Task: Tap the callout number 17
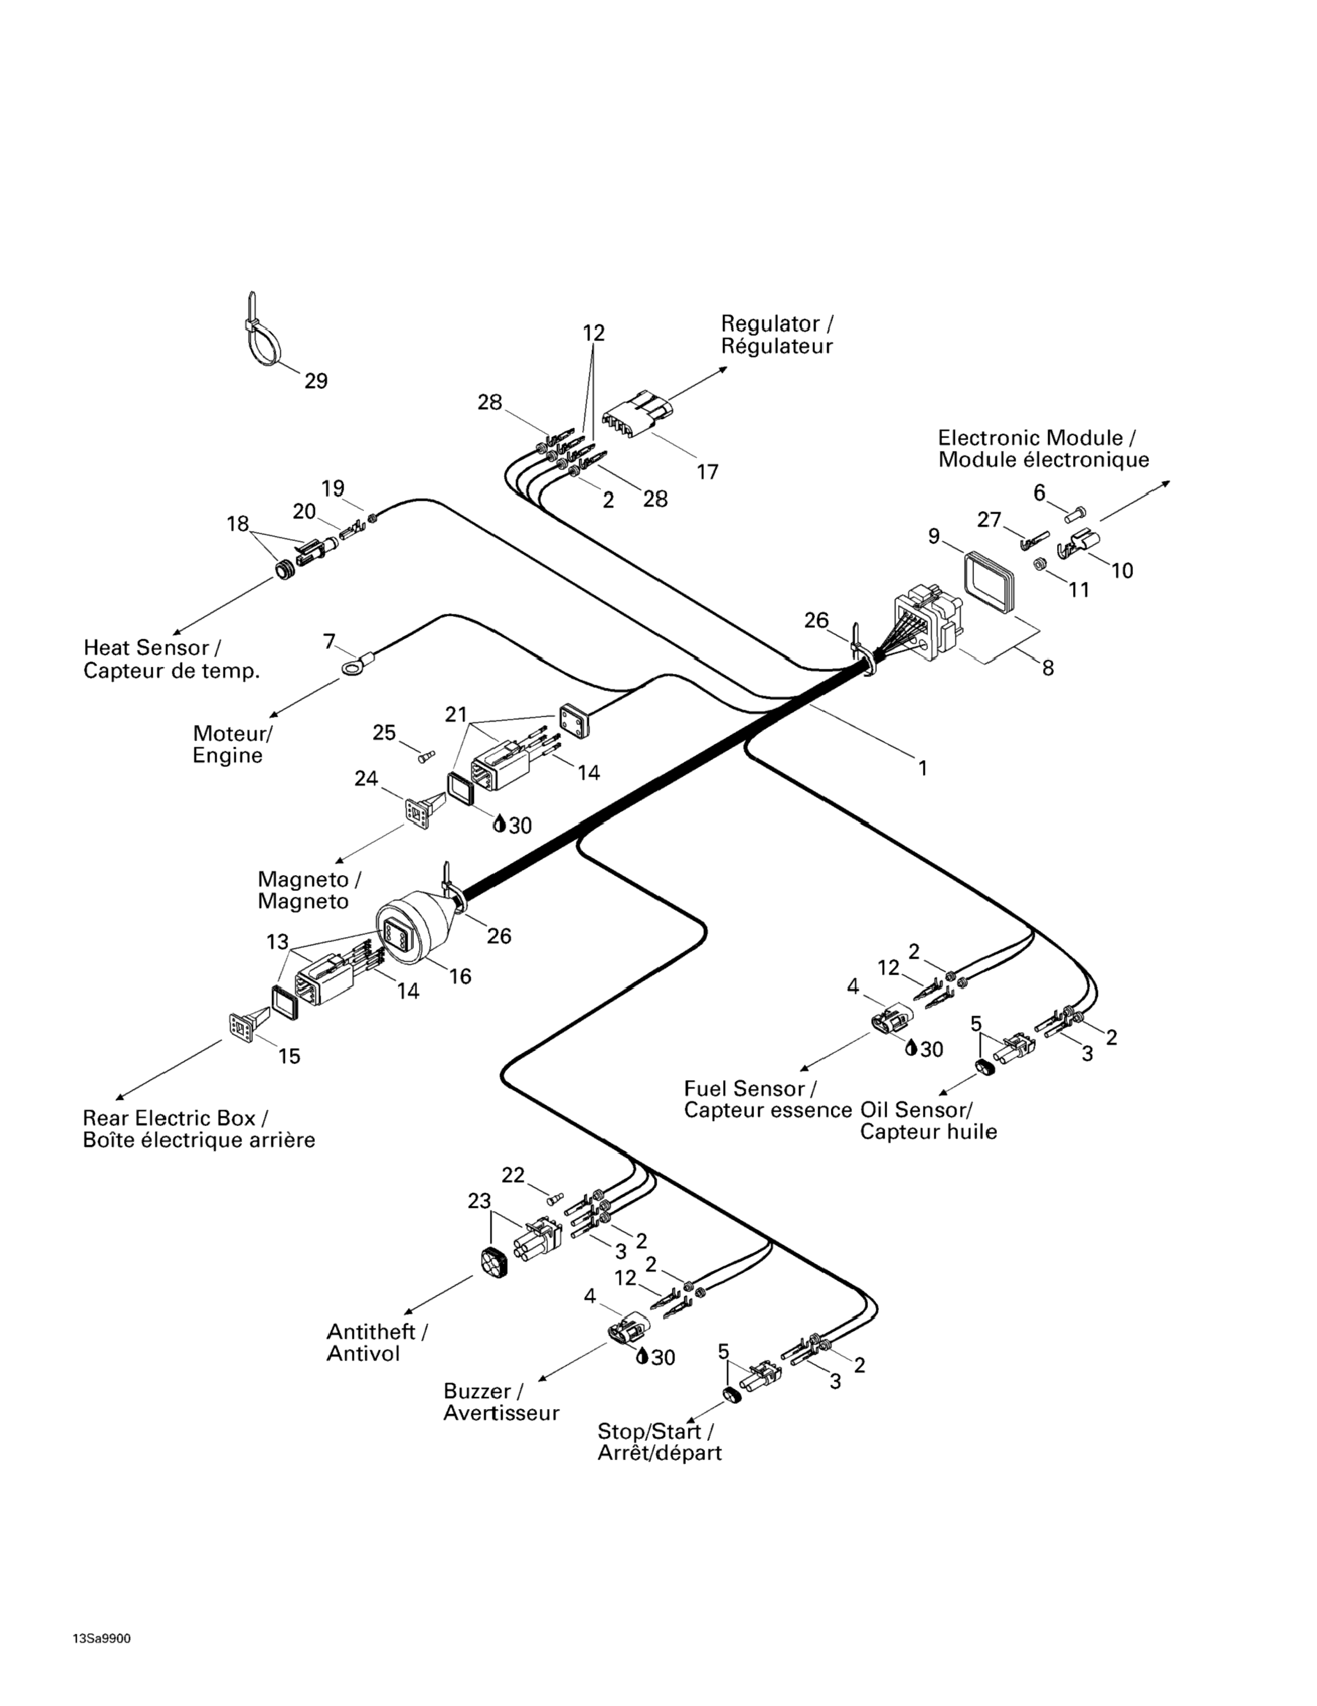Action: (707, 472)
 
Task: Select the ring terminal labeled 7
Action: (350, 666)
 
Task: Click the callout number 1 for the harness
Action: (922, 768)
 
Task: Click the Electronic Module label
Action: (1030, 438)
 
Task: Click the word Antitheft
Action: (371, 1331)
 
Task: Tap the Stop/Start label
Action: (654, 1431)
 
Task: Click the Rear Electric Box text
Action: (169, 1118)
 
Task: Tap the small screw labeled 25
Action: (427, 756)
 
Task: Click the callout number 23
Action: (479, 1201)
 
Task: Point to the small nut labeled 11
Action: (1040, 564)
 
